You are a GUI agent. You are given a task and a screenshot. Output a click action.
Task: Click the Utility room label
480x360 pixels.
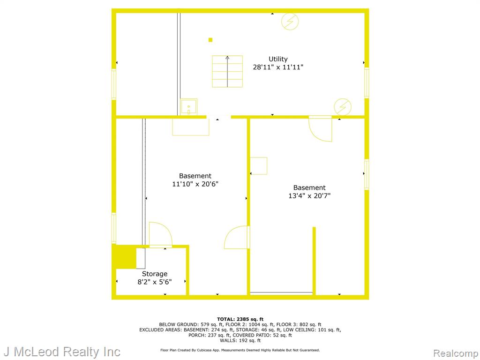(x=278, y=59)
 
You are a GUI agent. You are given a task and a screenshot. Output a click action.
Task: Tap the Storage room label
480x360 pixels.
(x=155, y=274)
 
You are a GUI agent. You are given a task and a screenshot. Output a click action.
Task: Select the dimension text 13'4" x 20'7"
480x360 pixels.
(x=309, y=195)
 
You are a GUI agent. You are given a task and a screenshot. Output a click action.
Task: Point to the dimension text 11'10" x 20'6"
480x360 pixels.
(x=195, y=184)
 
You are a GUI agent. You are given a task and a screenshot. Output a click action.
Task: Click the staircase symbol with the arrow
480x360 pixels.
(x=227, y=71)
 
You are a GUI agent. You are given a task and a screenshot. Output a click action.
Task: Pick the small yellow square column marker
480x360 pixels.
(x=210, y=40)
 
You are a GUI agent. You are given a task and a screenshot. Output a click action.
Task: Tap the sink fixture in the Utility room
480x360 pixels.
(x=188, y=107)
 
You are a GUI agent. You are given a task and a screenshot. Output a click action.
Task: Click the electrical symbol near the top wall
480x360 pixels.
(x=290, y=22)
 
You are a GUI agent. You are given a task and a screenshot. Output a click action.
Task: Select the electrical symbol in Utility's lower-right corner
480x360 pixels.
(x=343, y=107)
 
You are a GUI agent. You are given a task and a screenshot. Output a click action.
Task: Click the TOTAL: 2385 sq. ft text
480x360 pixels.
(x=240, y=319)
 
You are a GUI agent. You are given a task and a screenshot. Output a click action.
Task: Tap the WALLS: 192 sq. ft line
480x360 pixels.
(x=240, y=340)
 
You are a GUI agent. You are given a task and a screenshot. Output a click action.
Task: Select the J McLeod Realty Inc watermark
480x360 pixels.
(x=62, y=352)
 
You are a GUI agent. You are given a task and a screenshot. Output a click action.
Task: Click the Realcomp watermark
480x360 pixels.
(x=456, y=353)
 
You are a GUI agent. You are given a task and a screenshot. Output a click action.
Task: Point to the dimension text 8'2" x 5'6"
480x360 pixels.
(x=155, y=282)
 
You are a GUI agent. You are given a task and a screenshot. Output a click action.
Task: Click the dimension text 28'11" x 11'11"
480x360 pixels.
(x=278, y=67)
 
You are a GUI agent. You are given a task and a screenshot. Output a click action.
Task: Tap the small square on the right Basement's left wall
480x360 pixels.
(x=259, y=166)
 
